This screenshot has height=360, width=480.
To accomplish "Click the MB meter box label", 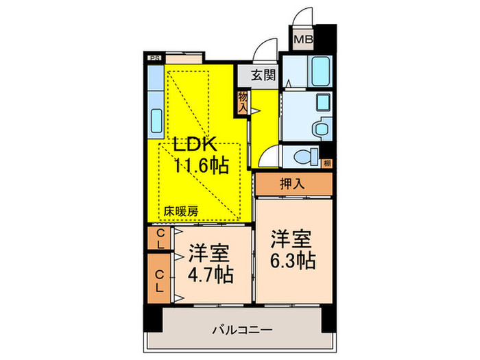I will tap(304, 39).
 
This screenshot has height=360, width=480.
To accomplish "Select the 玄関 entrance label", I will tap(259, 74).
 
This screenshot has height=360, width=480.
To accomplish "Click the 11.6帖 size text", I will tap(200, 165).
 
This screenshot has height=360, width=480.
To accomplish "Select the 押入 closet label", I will tap(293, 183).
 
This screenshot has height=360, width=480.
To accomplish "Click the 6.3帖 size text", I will tap(293, 261).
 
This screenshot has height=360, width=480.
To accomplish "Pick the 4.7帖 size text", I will tap(211, 275).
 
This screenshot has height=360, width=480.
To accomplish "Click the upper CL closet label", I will tap(159, 239).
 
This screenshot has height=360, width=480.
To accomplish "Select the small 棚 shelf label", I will tap(328, 163).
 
